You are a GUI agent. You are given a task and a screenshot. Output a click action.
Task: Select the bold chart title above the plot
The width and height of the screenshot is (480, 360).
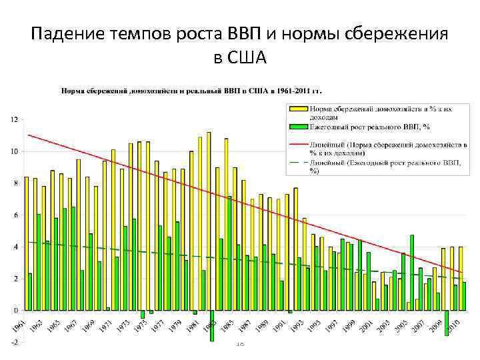click(x=192, y=90)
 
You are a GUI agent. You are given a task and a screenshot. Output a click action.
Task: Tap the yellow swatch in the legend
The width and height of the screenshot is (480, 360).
click(x=299, y=108)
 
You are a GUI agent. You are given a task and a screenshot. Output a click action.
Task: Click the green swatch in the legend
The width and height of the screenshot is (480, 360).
click(x=299, y=126)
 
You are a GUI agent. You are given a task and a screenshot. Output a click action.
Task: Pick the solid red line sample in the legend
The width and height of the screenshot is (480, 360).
click(x=299, y=143)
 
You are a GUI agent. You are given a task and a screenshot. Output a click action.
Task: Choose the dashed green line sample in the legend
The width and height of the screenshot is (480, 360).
click(x=299, y=161)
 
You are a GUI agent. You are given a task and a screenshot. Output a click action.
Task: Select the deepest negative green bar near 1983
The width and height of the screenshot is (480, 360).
click(x=212, y=326)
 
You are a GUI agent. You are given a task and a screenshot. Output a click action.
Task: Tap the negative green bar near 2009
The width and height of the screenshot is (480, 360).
click(x=447, y=323)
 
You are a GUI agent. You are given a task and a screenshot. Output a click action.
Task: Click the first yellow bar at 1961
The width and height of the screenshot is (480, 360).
click(x=26, y=243)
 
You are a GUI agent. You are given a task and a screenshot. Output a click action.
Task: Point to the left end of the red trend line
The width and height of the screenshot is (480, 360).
click(x=29, y=135)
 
